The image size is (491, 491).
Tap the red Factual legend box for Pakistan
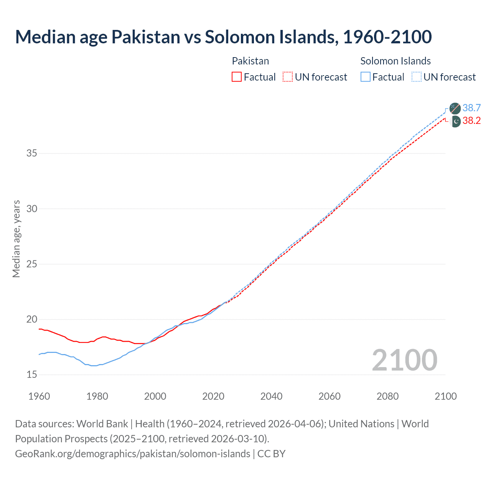click(237, 77)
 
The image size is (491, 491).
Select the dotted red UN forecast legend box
click(288, 77)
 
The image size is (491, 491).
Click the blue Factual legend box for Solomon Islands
click(366, 77)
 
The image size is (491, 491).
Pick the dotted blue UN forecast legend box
click(417, 77)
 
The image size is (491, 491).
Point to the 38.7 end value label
click(471, 108)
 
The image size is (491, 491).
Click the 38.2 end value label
click(471, 121)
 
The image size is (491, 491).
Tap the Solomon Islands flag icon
click(455, 108)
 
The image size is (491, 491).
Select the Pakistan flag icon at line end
click(455, 122)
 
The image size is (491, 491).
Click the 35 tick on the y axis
click(32, 153)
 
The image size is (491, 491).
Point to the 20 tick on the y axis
click(32, 320)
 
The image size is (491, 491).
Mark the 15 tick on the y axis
click(32, 375)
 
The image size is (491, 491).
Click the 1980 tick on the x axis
click(97, 396)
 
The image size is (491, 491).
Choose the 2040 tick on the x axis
click(271, 396)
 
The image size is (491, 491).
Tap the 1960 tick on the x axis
click(39, 396)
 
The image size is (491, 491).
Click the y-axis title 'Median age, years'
click(16, 239)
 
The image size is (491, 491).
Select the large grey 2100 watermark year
click(405, 360)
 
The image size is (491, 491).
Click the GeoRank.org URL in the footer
click(132, 454)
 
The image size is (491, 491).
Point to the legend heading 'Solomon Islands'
click(395, 61)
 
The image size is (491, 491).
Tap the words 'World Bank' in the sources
click(102, 424)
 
